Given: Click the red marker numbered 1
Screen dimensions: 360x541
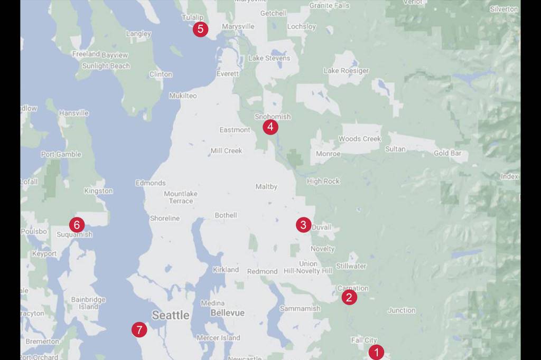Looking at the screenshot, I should (376, 352).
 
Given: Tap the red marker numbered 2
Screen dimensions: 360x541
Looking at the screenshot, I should (349, 297).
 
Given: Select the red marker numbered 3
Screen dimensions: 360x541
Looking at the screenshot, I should (303, 225).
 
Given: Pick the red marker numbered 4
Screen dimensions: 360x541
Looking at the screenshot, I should (270, 127).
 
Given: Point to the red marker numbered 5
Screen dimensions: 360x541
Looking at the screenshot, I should (200, 29).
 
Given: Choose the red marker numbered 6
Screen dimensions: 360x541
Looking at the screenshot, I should (77, 225).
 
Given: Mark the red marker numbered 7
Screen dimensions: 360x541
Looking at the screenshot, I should (139, 330).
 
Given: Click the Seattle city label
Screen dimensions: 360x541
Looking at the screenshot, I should (171, 315).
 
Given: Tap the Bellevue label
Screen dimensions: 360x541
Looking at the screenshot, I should (227, 313).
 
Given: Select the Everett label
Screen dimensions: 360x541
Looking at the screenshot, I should (228, 74).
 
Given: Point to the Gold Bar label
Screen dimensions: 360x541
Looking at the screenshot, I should (447, 154).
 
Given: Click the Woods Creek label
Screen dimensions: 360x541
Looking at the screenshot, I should (359, 139).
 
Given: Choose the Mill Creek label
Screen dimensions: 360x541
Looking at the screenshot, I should (226, 151).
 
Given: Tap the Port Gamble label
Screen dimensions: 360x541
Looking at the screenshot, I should (61, 154).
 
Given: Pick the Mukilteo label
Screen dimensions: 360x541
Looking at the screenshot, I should (183, 96).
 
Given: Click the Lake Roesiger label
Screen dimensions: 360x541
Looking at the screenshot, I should (346, 71).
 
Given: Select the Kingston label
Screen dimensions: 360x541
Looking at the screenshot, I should (98, 191).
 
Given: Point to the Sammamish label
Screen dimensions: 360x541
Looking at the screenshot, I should (300, 308).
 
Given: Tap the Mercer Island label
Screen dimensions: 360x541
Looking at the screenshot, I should (218, 338).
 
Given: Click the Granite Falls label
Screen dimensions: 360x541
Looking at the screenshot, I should (330, 6).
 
